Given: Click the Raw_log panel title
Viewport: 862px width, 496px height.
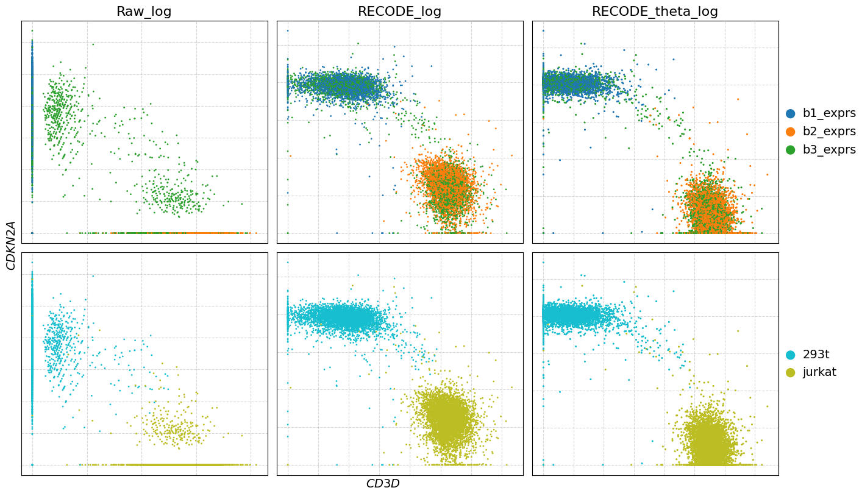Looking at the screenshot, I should pyautogui.click(x=144, y=12).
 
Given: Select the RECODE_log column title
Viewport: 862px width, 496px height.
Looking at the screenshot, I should pyautogui.click(x=399, y=12).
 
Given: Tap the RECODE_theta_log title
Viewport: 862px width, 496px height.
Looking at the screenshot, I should pyautogui.click(x=655, y=12).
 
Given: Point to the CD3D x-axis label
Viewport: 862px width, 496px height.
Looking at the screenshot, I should pyautogui.click(x=382, y=484).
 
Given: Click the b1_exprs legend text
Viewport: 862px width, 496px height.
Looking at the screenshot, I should pyautogui.click(x=829, y=113).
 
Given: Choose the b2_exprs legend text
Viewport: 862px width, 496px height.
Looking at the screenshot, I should pyautogui.click(x=829, y=132).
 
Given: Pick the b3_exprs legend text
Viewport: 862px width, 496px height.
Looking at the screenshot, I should pyautogui.click(x=829, y=150).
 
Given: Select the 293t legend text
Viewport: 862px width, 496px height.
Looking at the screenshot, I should pyautogui.click(x=816, y=355).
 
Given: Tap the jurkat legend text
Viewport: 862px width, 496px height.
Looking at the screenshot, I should pyautogui.click(x=819, y=372).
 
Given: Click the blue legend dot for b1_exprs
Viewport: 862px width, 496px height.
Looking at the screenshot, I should pyautogui.click(x=791, y=113).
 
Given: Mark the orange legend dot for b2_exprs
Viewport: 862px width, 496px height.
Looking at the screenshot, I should pyautogui.click(x=791, y=132).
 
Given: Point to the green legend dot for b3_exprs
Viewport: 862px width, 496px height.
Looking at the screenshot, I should pyautogui.click(x=791, y=150).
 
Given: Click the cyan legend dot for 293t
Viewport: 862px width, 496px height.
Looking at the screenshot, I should pyautogui.click(x=791, y=355).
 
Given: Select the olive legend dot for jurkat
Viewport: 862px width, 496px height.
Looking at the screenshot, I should pyautogui.click(x=791, y=372).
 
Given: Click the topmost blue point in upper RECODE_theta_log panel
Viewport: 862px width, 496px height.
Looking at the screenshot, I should pyautogui.click(x=543, y=30).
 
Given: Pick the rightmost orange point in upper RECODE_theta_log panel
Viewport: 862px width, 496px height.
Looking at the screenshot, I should pyautogui.click(x=767, y=174).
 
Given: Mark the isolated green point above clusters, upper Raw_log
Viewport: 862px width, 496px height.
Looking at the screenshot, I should pyautogui.click(x=93, y=44).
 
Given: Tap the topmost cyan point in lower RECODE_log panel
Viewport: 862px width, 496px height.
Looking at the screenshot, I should pyautogui.click(x=288, y=263).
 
